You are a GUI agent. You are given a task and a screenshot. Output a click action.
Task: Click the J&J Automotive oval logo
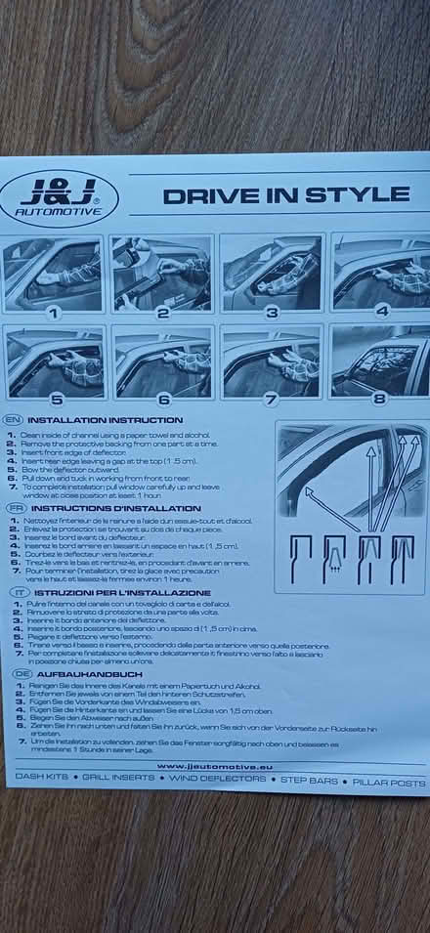60,197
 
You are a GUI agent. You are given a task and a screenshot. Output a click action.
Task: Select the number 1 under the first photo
54,314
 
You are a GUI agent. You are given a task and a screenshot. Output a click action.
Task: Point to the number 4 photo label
382,311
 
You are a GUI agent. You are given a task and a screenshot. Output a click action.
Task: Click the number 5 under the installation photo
56,399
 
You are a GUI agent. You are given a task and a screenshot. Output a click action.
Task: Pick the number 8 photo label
379,398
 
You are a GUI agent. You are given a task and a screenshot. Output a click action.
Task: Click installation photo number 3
271,273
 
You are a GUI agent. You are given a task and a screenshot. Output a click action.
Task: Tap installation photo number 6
162,361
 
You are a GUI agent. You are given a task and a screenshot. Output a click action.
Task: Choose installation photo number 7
271,361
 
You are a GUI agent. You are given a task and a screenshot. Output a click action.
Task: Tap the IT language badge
19,592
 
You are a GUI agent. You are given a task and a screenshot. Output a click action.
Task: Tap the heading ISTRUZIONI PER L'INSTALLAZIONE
123,592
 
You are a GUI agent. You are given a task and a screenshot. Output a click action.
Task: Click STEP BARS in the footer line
309,783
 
